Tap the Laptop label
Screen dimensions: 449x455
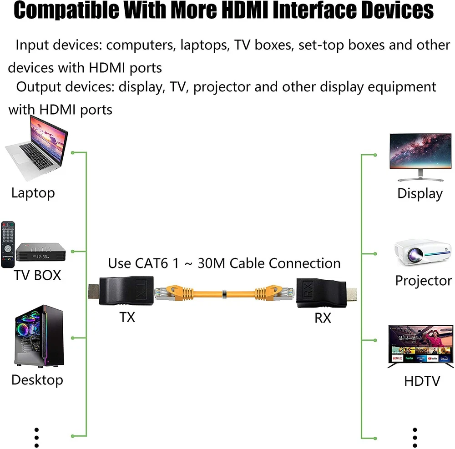tap(33, 192)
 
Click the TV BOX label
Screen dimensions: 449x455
tap(37, 275)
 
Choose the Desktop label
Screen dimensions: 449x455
tap(37, 380)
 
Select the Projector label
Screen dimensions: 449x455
tap(424, 280)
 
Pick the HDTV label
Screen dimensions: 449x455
tap(422, 380)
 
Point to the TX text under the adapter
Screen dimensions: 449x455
tap(127, 317)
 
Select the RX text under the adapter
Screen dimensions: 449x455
tap(323, 318)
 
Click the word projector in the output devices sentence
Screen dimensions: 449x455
tap(222, 86)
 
